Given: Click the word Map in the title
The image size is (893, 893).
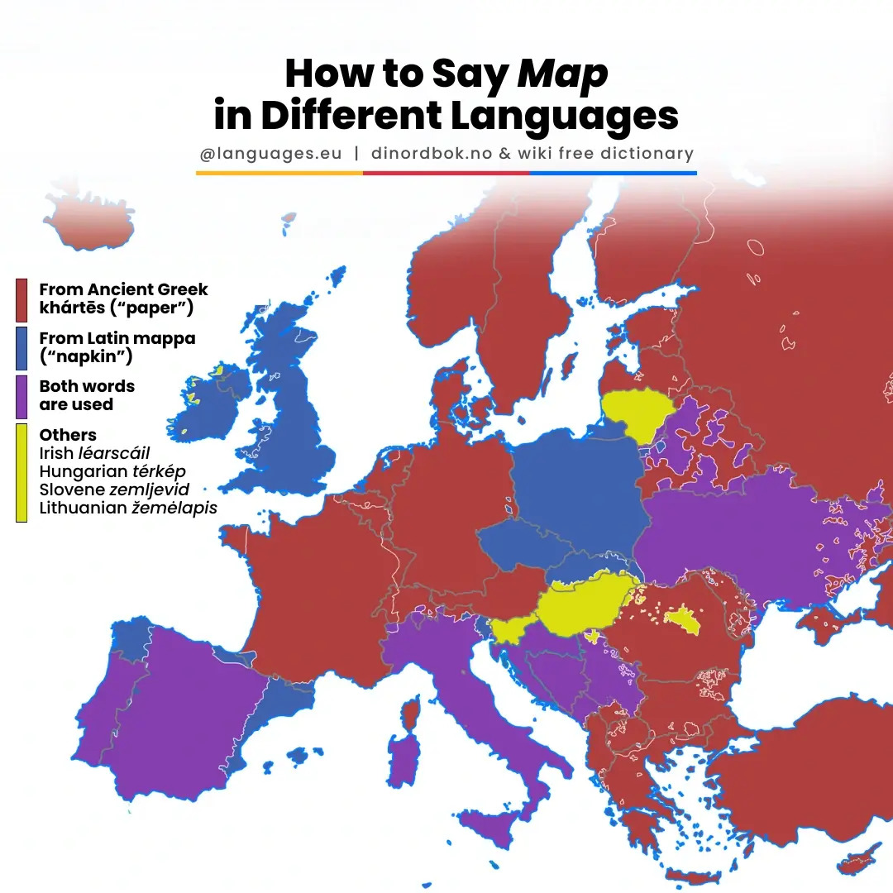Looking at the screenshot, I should point(562,74).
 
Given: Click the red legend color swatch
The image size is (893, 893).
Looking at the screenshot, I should point(22,300).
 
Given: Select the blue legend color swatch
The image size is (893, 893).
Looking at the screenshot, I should point(22,347).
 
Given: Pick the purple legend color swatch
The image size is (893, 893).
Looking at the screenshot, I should point(22,395).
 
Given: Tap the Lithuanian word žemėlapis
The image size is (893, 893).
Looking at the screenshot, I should point(174,508).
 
